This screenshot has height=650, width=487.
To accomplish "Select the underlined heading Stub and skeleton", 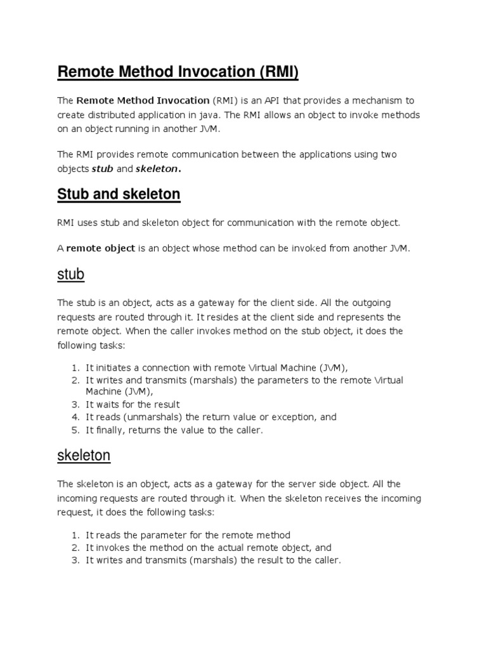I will click(119, 194).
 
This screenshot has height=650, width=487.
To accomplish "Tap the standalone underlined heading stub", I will click(71, 275).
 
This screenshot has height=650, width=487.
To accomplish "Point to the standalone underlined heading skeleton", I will click(84, 455).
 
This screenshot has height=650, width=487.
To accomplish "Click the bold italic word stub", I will click(102, 169).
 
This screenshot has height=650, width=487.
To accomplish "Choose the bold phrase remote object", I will click(101, 248).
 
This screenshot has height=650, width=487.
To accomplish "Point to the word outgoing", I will click(373, 303).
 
